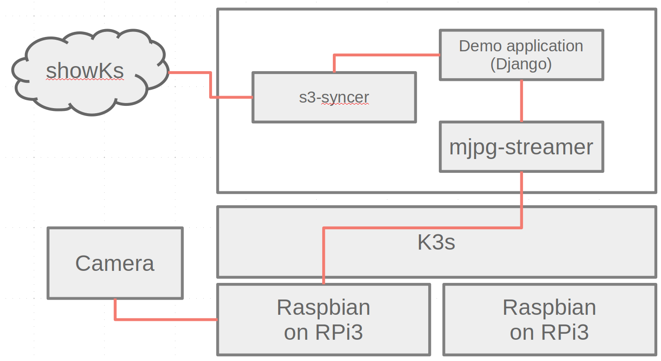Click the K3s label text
436,242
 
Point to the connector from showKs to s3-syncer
211,85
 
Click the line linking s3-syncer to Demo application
387,55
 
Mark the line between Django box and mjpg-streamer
522,101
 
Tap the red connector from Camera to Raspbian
162,319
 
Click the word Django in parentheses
521,64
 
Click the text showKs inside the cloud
85,71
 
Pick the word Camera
115,263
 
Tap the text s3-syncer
334,97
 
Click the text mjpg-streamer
521,147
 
